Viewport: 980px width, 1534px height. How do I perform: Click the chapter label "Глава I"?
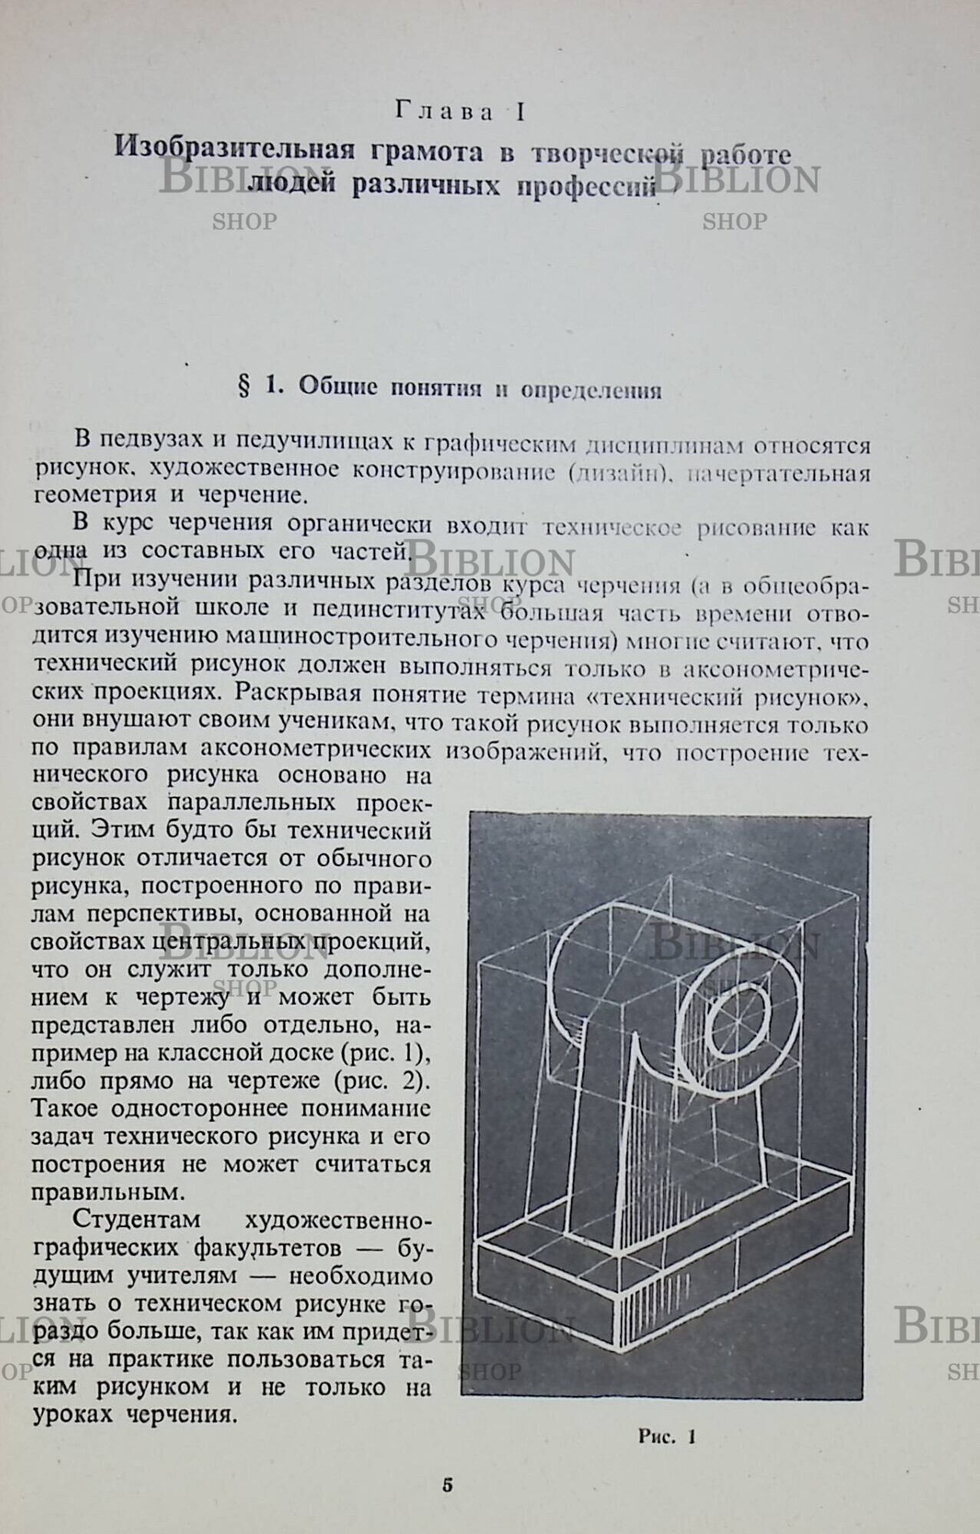point(460,112)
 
